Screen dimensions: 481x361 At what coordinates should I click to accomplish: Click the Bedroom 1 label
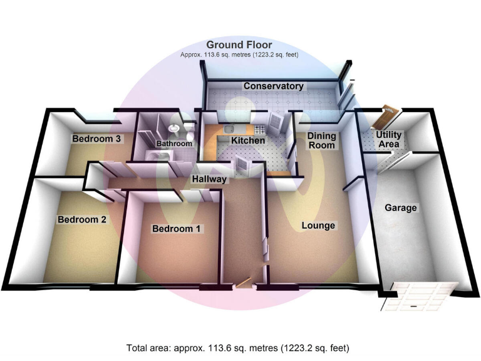(x=176, y=229)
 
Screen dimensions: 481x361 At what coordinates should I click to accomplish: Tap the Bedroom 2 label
(x=82, y=219)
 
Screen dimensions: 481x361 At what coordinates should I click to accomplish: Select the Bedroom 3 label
(x=96, y=139)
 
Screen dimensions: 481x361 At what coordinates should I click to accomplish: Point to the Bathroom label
(x=174, y=144)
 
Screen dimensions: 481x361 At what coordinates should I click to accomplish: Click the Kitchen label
(x=248, y=140)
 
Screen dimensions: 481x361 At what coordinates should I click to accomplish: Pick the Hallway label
(x=209, y=179)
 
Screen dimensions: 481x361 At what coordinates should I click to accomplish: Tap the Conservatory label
(x=273, y=86)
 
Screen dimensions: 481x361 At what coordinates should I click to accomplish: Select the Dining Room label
(x=321, y=140)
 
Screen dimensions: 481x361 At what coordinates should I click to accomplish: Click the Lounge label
(x=318, y=226)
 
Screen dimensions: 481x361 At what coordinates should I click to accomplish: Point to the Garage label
(x=401, y=208)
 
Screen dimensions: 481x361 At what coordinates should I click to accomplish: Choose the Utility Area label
(x=389, y=139)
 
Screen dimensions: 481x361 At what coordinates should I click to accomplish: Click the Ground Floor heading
(x=239, y=45)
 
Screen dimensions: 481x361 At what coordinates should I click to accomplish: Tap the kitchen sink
(x=228, y=129)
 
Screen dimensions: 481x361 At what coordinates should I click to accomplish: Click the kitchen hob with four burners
(x=259, y=129)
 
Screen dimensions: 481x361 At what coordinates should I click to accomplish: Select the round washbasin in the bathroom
(x=174, y=128)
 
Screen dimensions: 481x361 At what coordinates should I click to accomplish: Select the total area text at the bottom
(x=238, y=348)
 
